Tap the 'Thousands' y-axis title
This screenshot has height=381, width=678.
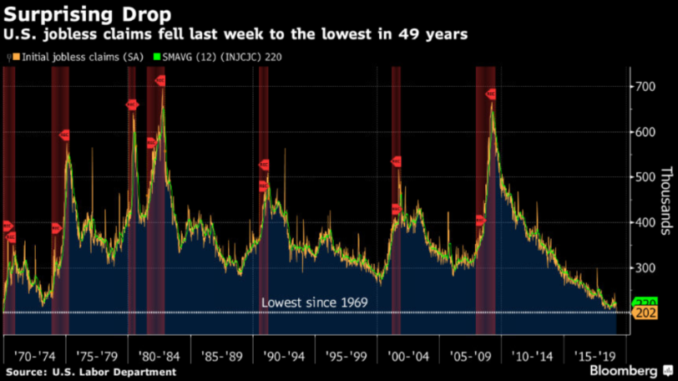click(x=665, y=201)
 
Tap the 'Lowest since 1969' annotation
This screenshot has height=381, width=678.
click(x=315, y=302)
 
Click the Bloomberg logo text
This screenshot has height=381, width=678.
click(x=624, y=369)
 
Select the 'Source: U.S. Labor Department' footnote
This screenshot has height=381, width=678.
click(x=92, y=371)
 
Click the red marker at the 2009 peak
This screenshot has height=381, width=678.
click(x=491, y=94)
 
